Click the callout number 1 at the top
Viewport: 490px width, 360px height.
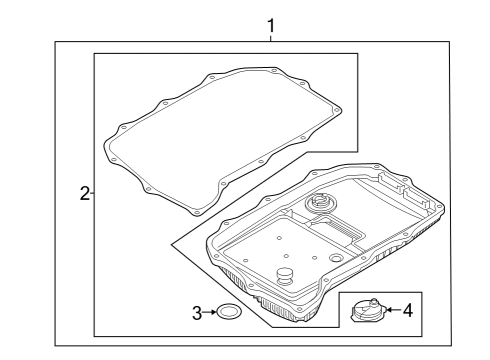tap(271, 26)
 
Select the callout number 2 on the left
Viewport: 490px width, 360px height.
tap(85, 193)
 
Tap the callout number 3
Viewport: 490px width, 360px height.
tap(197, 313)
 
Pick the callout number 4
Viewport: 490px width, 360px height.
tap(408, 310)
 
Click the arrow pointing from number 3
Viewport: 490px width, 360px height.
tap(210, 312)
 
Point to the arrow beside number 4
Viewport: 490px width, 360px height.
tap(394, 310)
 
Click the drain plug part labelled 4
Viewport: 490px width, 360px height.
tap(368, 310)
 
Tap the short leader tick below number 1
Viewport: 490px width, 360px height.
tap(271, 38)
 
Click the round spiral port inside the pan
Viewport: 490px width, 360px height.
tap(321, 202)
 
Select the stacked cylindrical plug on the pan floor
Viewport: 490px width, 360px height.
tap(285, 276)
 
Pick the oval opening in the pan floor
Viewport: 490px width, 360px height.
tap(335, 258)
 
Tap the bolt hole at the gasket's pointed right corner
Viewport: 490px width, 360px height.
tap(336, 110)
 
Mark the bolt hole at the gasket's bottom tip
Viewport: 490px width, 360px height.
tap(196, 213)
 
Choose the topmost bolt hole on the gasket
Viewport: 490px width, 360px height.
tap(274, 71)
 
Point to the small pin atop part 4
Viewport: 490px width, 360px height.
tap(374, 301)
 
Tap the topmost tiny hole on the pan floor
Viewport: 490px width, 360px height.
tap(279, 238)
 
